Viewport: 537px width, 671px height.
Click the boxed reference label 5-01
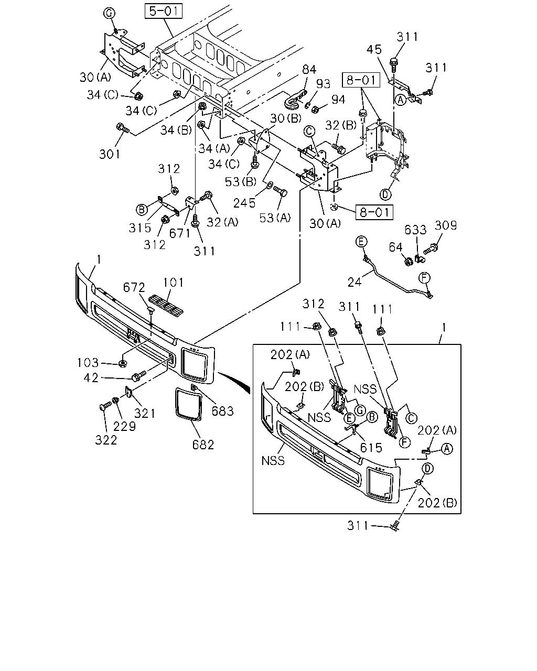pos(163,11)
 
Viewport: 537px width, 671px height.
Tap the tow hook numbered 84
pos(295,99)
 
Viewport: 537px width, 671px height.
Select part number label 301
pos(110,154)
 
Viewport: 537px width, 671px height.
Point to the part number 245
pos(244,203)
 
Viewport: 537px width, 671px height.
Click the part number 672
pos(134,287)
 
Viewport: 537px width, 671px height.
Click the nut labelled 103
pos(123,363)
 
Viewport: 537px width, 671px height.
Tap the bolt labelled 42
pos(139,375)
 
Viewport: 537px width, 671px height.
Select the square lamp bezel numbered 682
pos(188,405)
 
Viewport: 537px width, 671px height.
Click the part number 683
pos(222,412)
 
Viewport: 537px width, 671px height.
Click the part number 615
pos(371,448)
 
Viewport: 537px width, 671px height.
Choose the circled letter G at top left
pos(109,14)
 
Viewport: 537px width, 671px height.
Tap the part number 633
pos(415,230)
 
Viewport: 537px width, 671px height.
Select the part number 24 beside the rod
pos(355,282)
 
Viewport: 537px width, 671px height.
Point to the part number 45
pos(374,49)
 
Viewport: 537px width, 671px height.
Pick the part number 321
pos(145,414)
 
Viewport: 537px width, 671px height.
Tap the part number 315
pos(140,228)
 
